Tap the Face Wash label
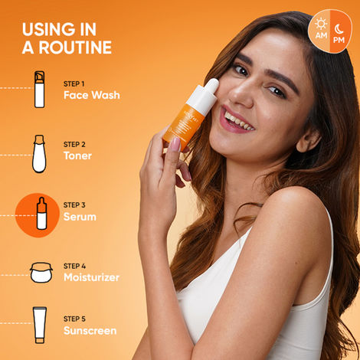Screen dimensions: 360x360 (91, 96)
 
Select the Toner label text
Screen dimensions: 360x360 (77, 155)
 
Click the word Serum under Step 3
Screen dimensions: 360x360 (80, 217)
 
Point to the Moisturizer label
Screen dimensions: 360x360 (91, 277)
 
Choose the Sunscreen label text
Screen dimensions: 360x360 (90, 331)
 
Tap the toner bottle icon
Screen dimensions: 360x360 (39, 152)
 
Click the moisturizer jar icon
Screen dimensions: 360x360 (41, 273)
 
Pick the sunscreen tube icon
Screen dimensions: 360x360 (39, 325)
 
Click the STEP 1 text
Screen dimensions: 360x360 (74, 83)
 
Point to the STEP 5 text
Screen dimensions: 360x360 (74, 319)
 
